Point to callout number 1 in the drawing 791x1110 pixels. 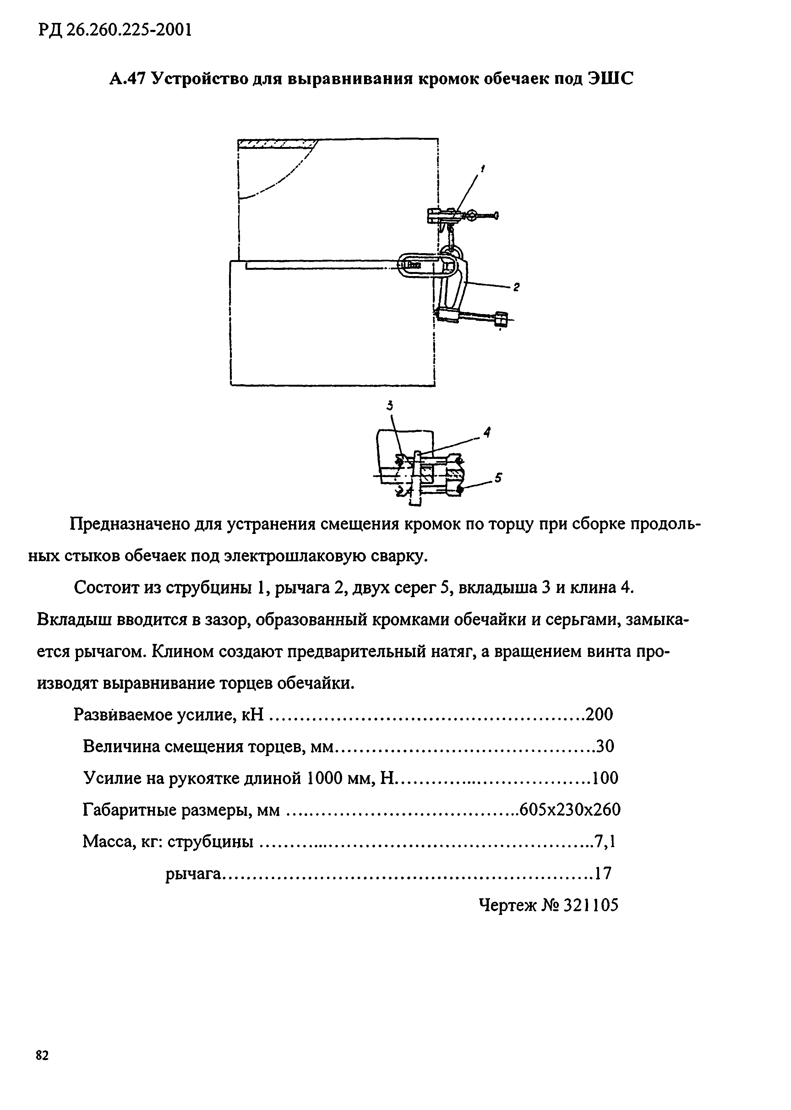[483, 169]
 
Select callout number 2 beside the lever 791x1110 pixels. [516, 287]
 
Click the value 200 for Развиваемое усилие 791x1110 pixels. [599, 715]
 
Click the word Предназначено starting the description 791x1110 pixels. [128, 525]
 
